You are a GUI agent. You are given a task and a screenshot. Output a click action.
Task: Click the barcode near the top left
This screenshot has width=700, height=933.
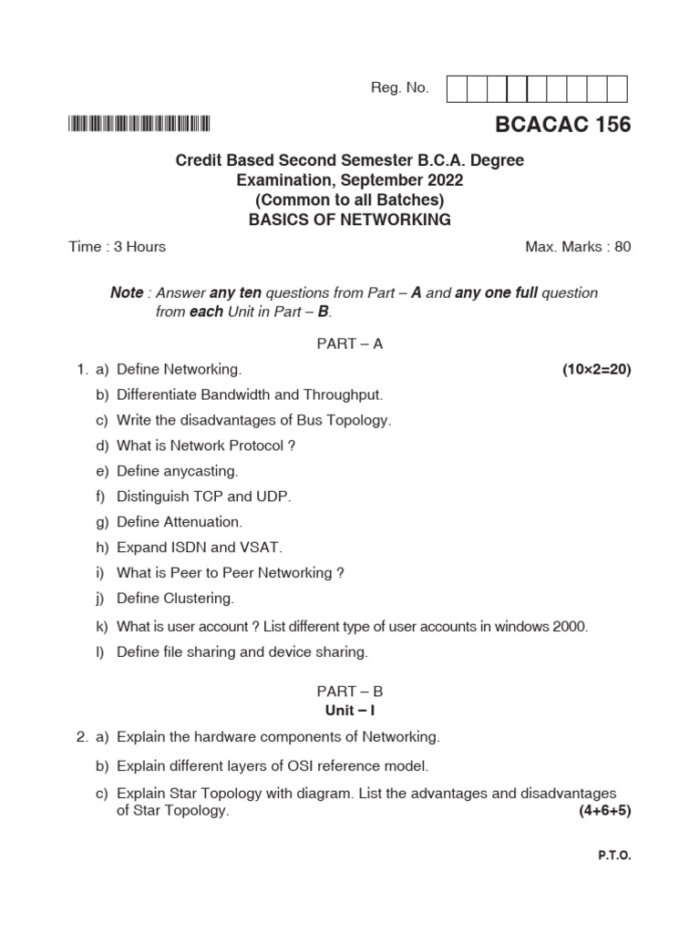point(139,125)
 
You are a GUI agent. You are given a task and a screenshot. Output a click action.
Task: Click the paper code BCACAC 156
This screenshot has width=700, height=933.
point(563,125)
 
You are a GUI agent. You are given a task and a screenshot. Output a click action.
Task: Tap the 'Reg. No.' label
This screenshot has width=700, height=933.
point(399,88)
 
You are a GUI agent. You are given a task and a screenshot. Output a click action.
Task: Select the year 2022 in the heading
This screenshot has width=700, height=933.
point(441,180)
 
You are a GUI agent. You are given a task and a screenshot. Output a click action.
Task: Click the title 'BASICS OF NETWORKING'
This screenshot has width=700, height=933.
point(350,220)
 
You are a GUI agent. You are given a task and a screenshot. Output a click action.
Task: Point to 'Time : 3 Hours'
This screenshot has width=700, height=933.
point(117,247)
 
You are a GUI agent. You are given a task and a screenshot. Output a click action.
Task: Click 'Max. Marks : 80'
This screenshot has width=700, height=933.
point(578,247)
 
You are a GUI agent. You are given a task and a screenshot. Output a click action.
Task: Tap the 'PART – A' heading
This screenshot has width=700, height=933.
point(350,343)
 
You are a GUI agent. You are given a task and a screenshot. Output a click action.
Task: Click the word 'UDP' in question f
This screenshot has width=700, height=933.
point(276,497)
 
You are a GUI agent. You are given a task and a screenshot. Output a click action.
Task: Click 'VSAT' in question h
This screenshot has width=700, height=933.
point(263,548)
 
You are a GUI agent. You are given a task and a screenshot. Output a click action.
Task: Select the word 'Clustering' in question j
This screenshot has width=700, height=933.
point(199,599)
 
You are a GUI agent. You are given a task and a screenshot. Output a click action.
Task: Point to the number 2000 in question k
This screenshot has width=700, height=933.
point(569,627)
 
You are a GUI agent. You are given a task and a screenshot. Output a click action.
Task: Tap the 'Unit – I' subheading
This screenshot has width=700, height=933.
point(350,709)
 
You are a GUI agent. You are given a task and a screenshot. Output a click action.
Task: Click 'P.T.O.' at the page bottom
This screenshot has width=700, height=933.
point(614,856)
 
